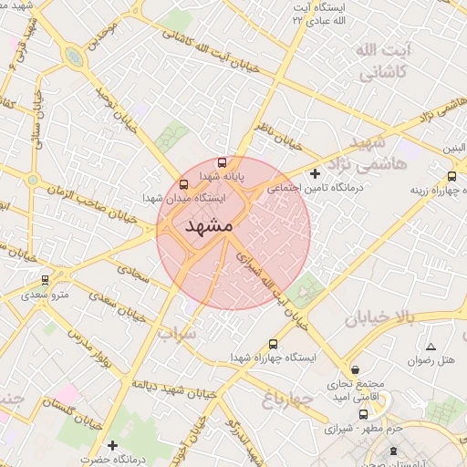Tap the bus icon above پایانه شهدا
tap(223, 162)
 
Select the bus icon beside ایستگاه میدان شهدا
tap(185, 183)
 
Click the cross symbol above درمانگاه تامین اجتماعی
tap(315, 173)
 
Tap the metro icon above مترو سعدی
tap(45, 280)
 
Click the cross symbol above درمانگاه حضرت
tap(111, 445)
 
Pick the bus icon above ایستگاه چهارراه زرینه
tap(452, 177)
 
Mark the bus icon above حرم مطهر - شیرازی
tap(364, 415)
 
